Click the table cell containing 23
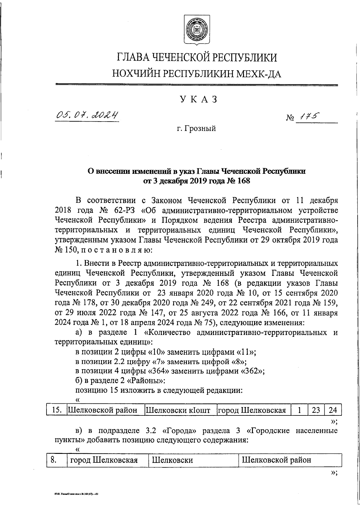316,410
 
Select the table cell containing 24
333,410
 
